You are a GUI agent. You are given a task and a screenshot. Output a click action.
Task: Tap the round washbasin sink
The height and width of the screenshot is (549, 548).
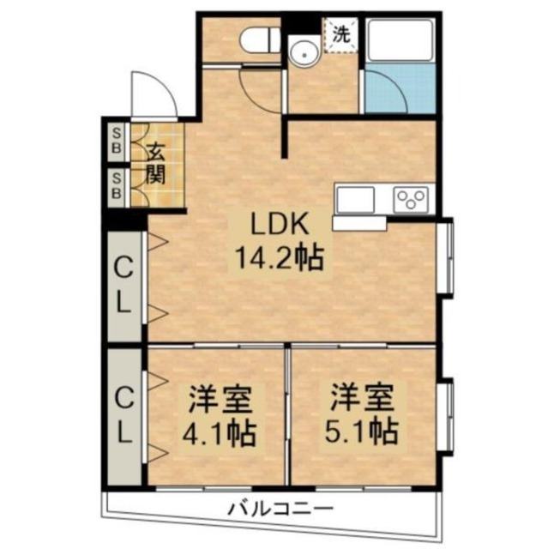coord(302,53)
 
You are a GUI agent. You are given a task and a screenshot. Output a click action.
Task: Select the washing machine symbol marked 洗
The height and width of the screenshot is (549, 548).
coord(341,35)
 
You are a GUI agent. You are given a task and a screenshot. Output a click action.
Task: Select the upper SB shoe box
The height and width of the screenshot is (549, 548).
coord(117,142)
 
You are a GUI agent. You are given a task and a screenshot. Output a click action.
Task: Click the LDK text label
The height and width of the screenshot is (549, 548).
coord(276,225)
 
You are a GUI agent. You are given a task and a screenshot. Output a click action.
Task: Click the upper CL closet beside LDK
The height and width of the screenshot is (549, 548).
coord(124,285)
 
